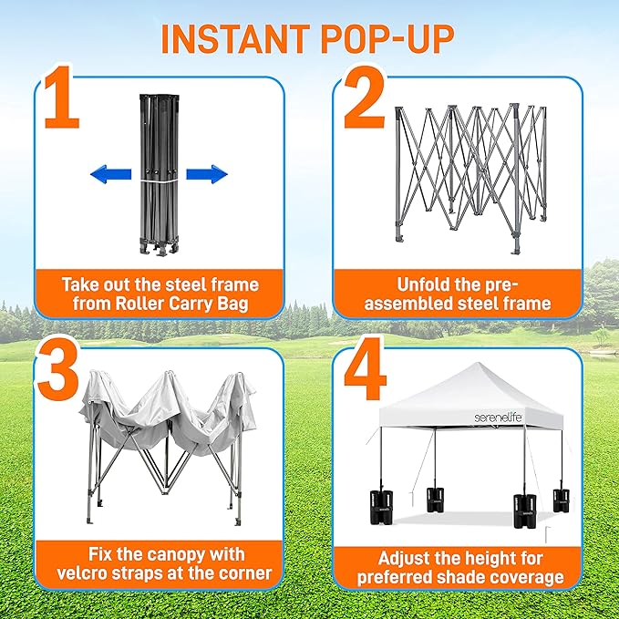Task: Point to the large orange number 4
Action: click(x=366, y=368)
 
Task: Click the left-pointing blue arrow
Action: click(x=111, y=174)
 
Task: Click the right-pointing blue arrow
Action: click(x=207, y=174)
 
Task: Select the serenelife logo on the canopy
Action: click(x=499, y=418)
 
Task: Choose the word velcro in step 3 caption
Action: click(x=84, y=573)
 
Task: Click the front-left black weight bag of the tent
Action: click(x=380, y=507)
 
